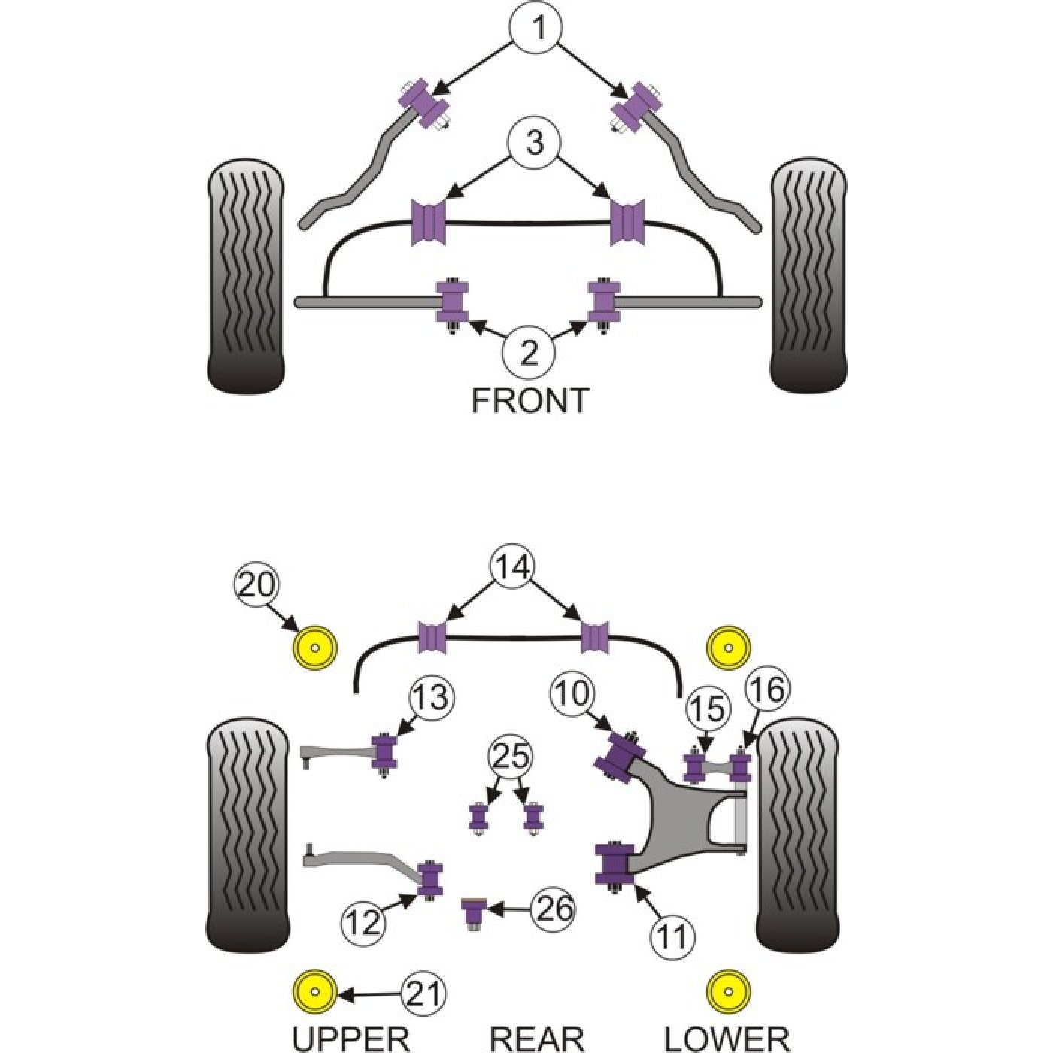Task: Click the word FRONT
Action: (x=530, y=400)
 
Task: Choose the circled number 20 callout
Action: (x=256, y=587)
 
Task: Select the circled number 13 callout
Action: (x=432, y=699)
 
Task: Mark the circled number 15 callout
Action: (x=708, y=709)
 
